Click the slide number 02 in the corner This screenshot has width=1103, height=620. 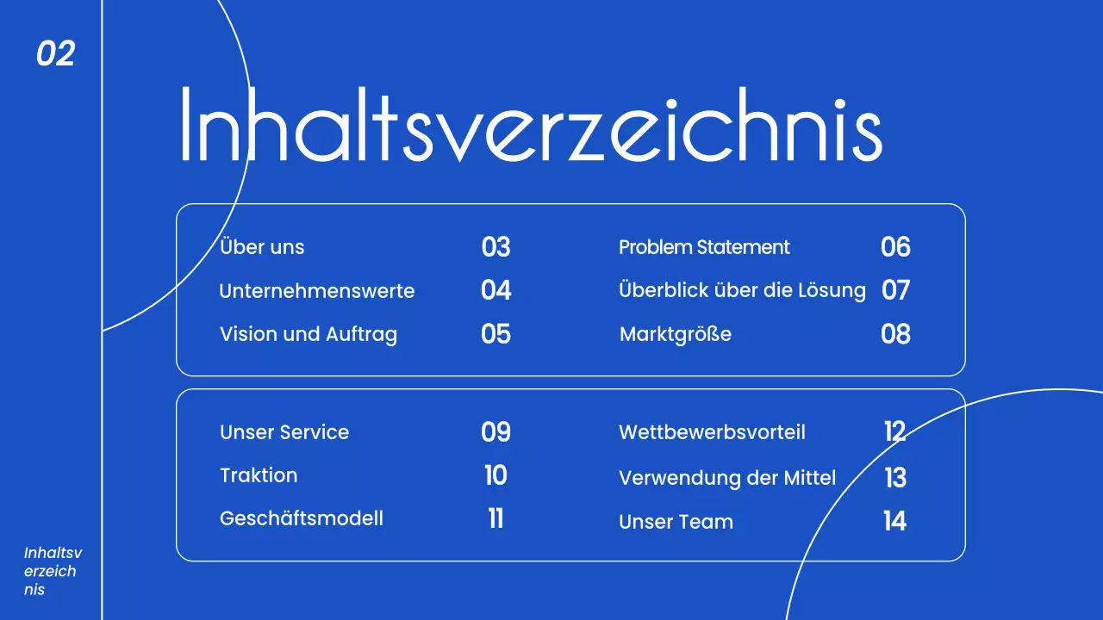(56, 54)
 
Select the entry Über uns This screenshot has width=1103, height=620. (262, 247)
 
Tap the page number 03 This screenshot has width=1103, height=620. (495, 247)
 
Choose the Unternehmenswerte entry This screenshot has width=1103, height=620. (316, 291)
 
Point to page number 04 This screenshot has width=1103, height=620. (495, 290)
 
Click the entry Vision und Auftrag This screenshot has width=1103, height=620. (308, 334)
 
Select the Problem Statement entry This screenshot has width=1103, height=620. (704, 247)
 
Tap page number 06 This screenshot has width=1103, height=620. (895, 247)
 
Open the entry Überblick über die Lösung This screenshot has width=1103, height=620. (742, 290)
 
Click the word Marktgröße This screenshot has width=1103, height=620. (675, 334)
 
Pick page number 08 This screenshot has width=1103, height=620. (895, 334)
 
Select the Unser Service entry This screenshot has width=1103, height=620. (284, 432)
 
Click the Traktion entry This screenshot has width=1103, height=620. (259, 475)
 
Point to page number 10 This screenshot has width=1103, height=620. (495, 475)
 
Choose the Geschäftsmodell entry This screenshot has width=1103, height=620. (302, 518)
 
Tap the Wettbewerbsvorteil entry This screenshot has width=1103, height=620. (712, 432)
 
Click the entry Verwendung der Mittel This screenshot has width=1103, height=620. (727, 477)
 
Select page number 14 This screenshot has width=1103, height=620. (894, 521)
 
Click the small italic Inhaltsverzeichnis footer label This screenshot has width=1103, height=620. (53, 571)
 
